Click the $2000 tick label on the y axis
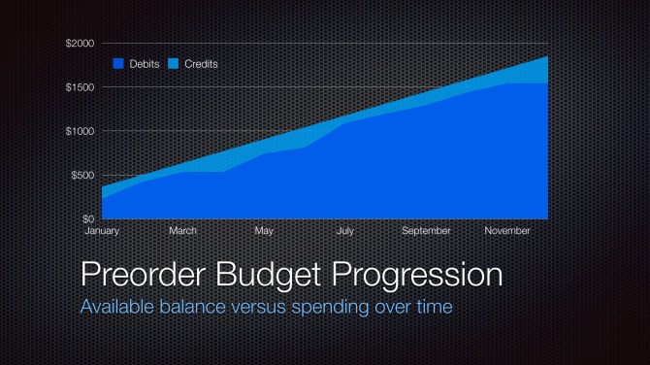pyautogui.click(x=81, y=44)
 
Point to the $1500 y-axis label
pyautogui.click(x=81, y=87)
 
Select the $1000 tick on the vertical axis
pyautogui.click(x=81, y=131)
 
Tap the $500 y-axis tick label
pyautogui.click(x=83, y=175)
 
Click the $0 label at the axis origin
pyautogui.click(x=88, y=219)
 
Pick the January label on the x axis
pyautogui.click(x=102, y=231)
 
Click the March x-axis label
pyautogui.click(x=183, y=231)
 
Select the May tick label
pyautogui.click(x=264, y=231)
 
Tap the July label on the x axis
pyautogui.click(x=345, y=231)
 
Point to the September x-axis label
pyautogui.click(x=426, y=231)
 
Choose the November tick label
pyautogui.click(x=507, y=231)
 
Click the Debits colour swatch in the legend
pyautogui.click(x=118, y=64)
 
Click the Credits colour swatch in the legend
pyautogui.click(x=174, y=64)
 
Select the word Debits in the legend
pyautogui.click(x=145, y=64)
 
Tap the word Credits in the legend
pyautogui.click(x=201, y=64)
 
